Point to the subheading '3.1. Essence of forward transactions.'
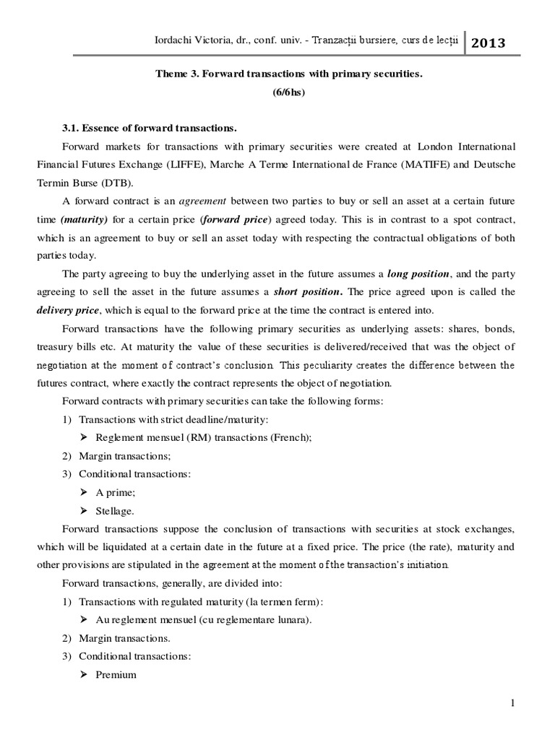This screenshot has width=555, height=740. [x=150, y=129]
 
